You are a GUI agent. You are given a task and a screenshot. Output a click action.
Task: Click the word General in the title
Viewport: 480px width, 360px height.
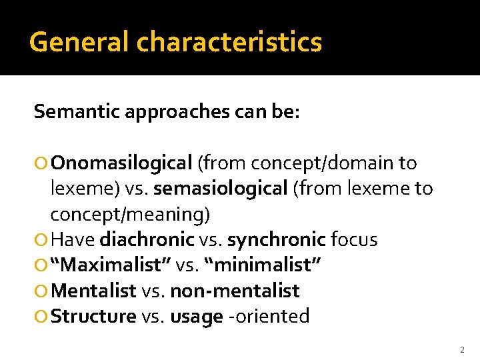click(x=80, y=43)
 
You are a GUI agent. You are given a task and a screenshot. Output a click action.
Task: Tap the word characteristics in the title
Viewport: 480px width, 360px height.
click(x=229, y=43)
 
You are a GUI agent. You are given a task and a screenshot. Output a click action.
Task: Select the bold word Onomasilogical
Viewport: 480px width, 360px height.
click(x=121, y=163)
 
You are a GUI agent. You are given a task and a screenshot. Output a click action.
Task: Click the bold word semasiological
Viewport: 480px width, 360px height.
click(x=220, y=189)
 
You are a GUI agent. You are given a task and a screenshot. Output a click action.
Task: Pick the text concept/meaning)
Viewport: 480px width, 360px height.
click(x=130, y=214)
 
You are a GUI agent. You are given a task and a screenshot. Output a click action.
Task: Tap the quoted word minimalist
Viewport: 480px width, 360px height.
click(x=265, y=265)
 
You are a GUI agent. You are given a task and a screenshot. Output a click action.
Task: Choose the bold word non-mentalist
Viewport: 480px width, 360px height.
click(x=235, y=291)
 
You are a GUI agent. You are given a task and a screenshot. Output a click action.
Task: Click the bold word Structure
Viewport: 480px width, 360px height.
click(x=93, y=316)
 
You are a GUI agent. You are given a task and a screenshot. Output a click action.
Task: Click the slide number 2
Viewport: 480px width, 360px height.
click(x=461, y=349)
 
